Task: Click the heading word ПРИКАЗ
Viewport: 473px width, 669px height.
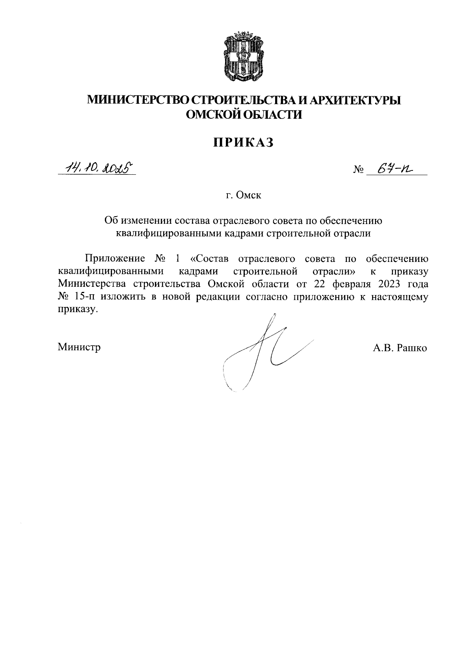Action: pos(244,143)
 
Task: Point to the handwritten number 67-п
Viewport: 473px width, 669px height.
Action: pos(393,168)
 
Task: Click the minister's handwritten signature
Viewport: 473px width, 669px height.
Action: pos(260,351)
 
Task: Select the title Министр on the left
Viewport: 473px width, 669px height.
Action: pos(79,347)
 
